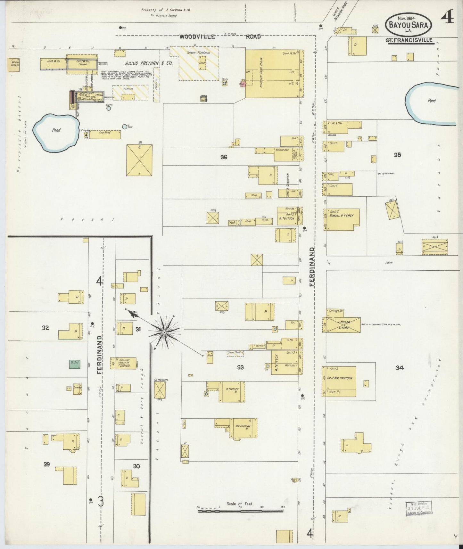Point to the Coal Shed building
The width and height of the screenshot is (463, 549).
pyautogui.click(x=105, y=134)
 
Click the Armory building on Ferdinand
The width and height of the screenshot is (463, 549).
pyautogui.click(x=123, y=363)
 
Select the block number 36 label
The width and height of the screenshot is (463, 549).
pyautogui.click(x=224, y=157)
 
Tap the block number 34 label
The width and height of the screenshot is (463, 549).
pyautogui.click(x=399, y=368)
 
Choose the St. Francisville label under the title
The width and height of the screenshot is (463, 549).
pyautogui.click(x=410, y=40)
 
